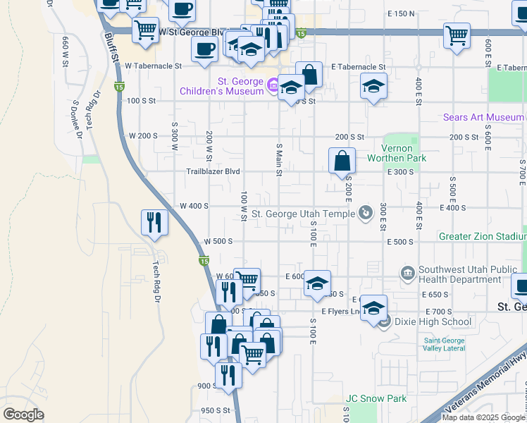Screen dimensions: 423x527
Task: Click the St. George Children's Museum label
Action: (221, 86)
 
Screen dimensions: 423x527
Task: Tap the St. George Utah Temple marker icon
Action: (365, 211)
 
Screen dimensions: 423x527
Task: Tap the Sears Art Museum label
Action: (483, 117)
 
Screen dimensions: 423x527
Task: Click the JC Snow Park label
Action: (376, 398)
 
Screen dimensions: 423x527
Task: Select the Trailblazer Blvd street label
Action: (213, 171)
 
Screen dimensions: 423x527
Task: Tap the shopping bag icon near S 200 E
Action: (342, 160)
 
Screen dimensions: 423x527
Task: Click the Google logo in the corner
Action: (23, 414)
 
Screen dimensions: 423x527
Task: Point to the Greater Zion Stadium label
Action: (482, 236)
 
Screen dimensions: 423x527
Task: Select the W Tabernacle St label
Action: (154, 66)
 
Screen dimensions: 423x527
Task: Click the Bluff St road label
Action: (111, 49)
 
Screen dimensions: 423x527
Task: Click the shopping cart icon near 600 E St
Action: (457, 36)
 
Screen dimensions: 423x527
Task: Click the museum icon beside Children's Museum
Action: (271, 86)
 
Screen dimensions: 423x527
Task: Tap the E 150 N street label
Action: (402, 13)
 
